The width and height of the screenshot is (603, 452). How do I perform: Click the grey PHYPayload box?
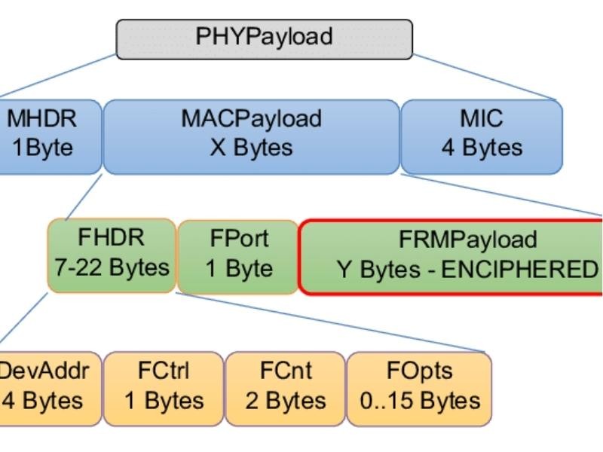coord(264,38)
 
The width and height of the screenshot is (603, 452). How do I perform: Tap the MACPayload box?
coord(251,136)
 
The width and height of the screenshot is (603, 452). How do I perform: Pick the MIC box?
coord(482,136)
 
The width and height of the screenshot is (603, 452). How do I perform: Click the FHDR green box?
coord(112,255)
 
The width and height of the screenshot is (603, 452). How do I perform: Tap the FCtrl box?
coord(164,387)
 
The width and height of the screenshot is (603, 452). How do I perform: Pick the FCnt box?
coord(285,387)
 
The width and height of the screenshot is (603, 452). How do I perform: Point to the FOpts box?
coord(419,387)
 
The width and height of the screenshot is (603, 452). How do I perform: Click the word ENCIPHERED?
coord(519,269)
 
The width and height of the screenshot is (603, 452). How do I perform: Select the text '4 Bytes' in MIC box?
coord(482,147)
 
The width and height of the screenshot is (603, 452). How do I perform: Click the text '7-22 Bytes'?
coord(112,267)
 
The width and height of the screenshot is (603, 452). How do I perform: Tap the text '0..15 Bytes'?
coord(419,400)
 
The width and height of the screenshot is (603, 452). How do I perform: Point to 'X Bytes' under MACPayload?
coord(251,147)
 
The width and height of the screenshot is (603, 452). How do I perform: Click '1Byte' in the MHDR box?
coord(42,147)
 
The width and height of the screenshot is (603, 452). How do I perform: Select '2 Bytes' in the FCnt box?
coord(285,400)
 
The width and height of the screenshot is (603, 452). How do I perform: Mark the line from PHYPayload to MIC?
coord(486,77)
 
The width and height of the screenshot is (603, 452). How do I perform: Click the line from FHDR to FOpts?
coord(332,322)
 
